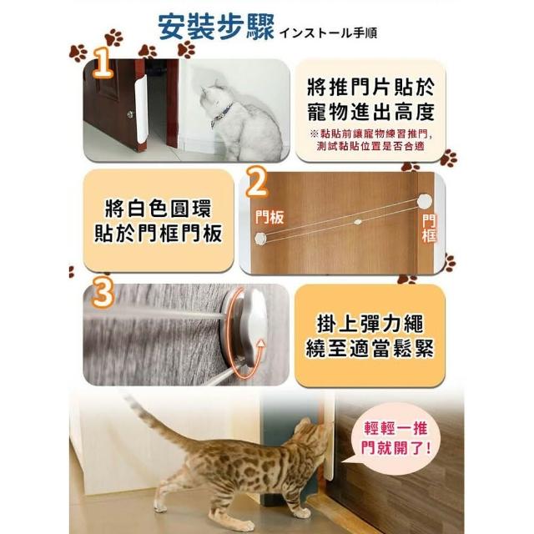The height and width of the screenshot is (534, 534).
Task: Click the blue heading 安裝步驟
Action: [x=216, y=27]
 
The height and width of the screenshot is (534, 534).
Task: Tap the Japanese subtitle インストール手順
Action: [x=328, y=33]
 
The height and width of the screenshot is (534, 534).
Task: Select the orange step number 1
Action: [x=103, y=63]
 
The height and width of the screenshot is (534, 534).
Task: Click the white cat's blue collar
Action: [x=221, y=113]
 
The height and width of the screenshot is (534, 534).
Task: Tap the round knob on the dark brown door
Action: [x=130, y=114]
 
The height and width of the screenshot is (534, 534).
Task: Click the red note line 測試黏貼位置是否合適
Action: [x=370, y=146]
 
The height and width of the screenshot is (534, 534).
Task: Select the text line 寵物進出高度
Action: [x=370, y=111]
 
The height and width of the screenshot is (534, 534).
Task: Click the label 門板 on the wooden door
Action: [x=270, y=217]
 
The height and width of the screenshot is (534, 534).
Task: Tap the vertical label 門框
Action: [x=429, y=228]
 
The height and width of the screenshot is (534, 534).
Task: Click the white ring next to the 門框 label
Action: [x=425, y=201]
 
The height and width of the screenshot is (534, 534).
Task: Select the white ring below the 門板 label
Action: [x=260, y=239]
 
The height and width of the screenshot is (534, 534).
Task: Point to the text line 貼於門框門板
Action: [x=158, y=233]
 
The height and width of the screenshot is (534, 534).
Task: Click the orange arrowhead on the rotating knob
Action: [x=260, y=342]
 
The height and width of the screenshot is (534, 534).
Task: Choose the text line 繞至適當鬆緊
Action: [x=370, y=349]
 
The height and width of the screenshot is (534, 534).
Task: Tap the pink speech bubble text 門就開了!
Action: [x=396, y=448]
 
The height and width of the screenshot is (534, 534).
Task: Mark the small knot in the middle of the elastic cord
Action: [x=357, y=221]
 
